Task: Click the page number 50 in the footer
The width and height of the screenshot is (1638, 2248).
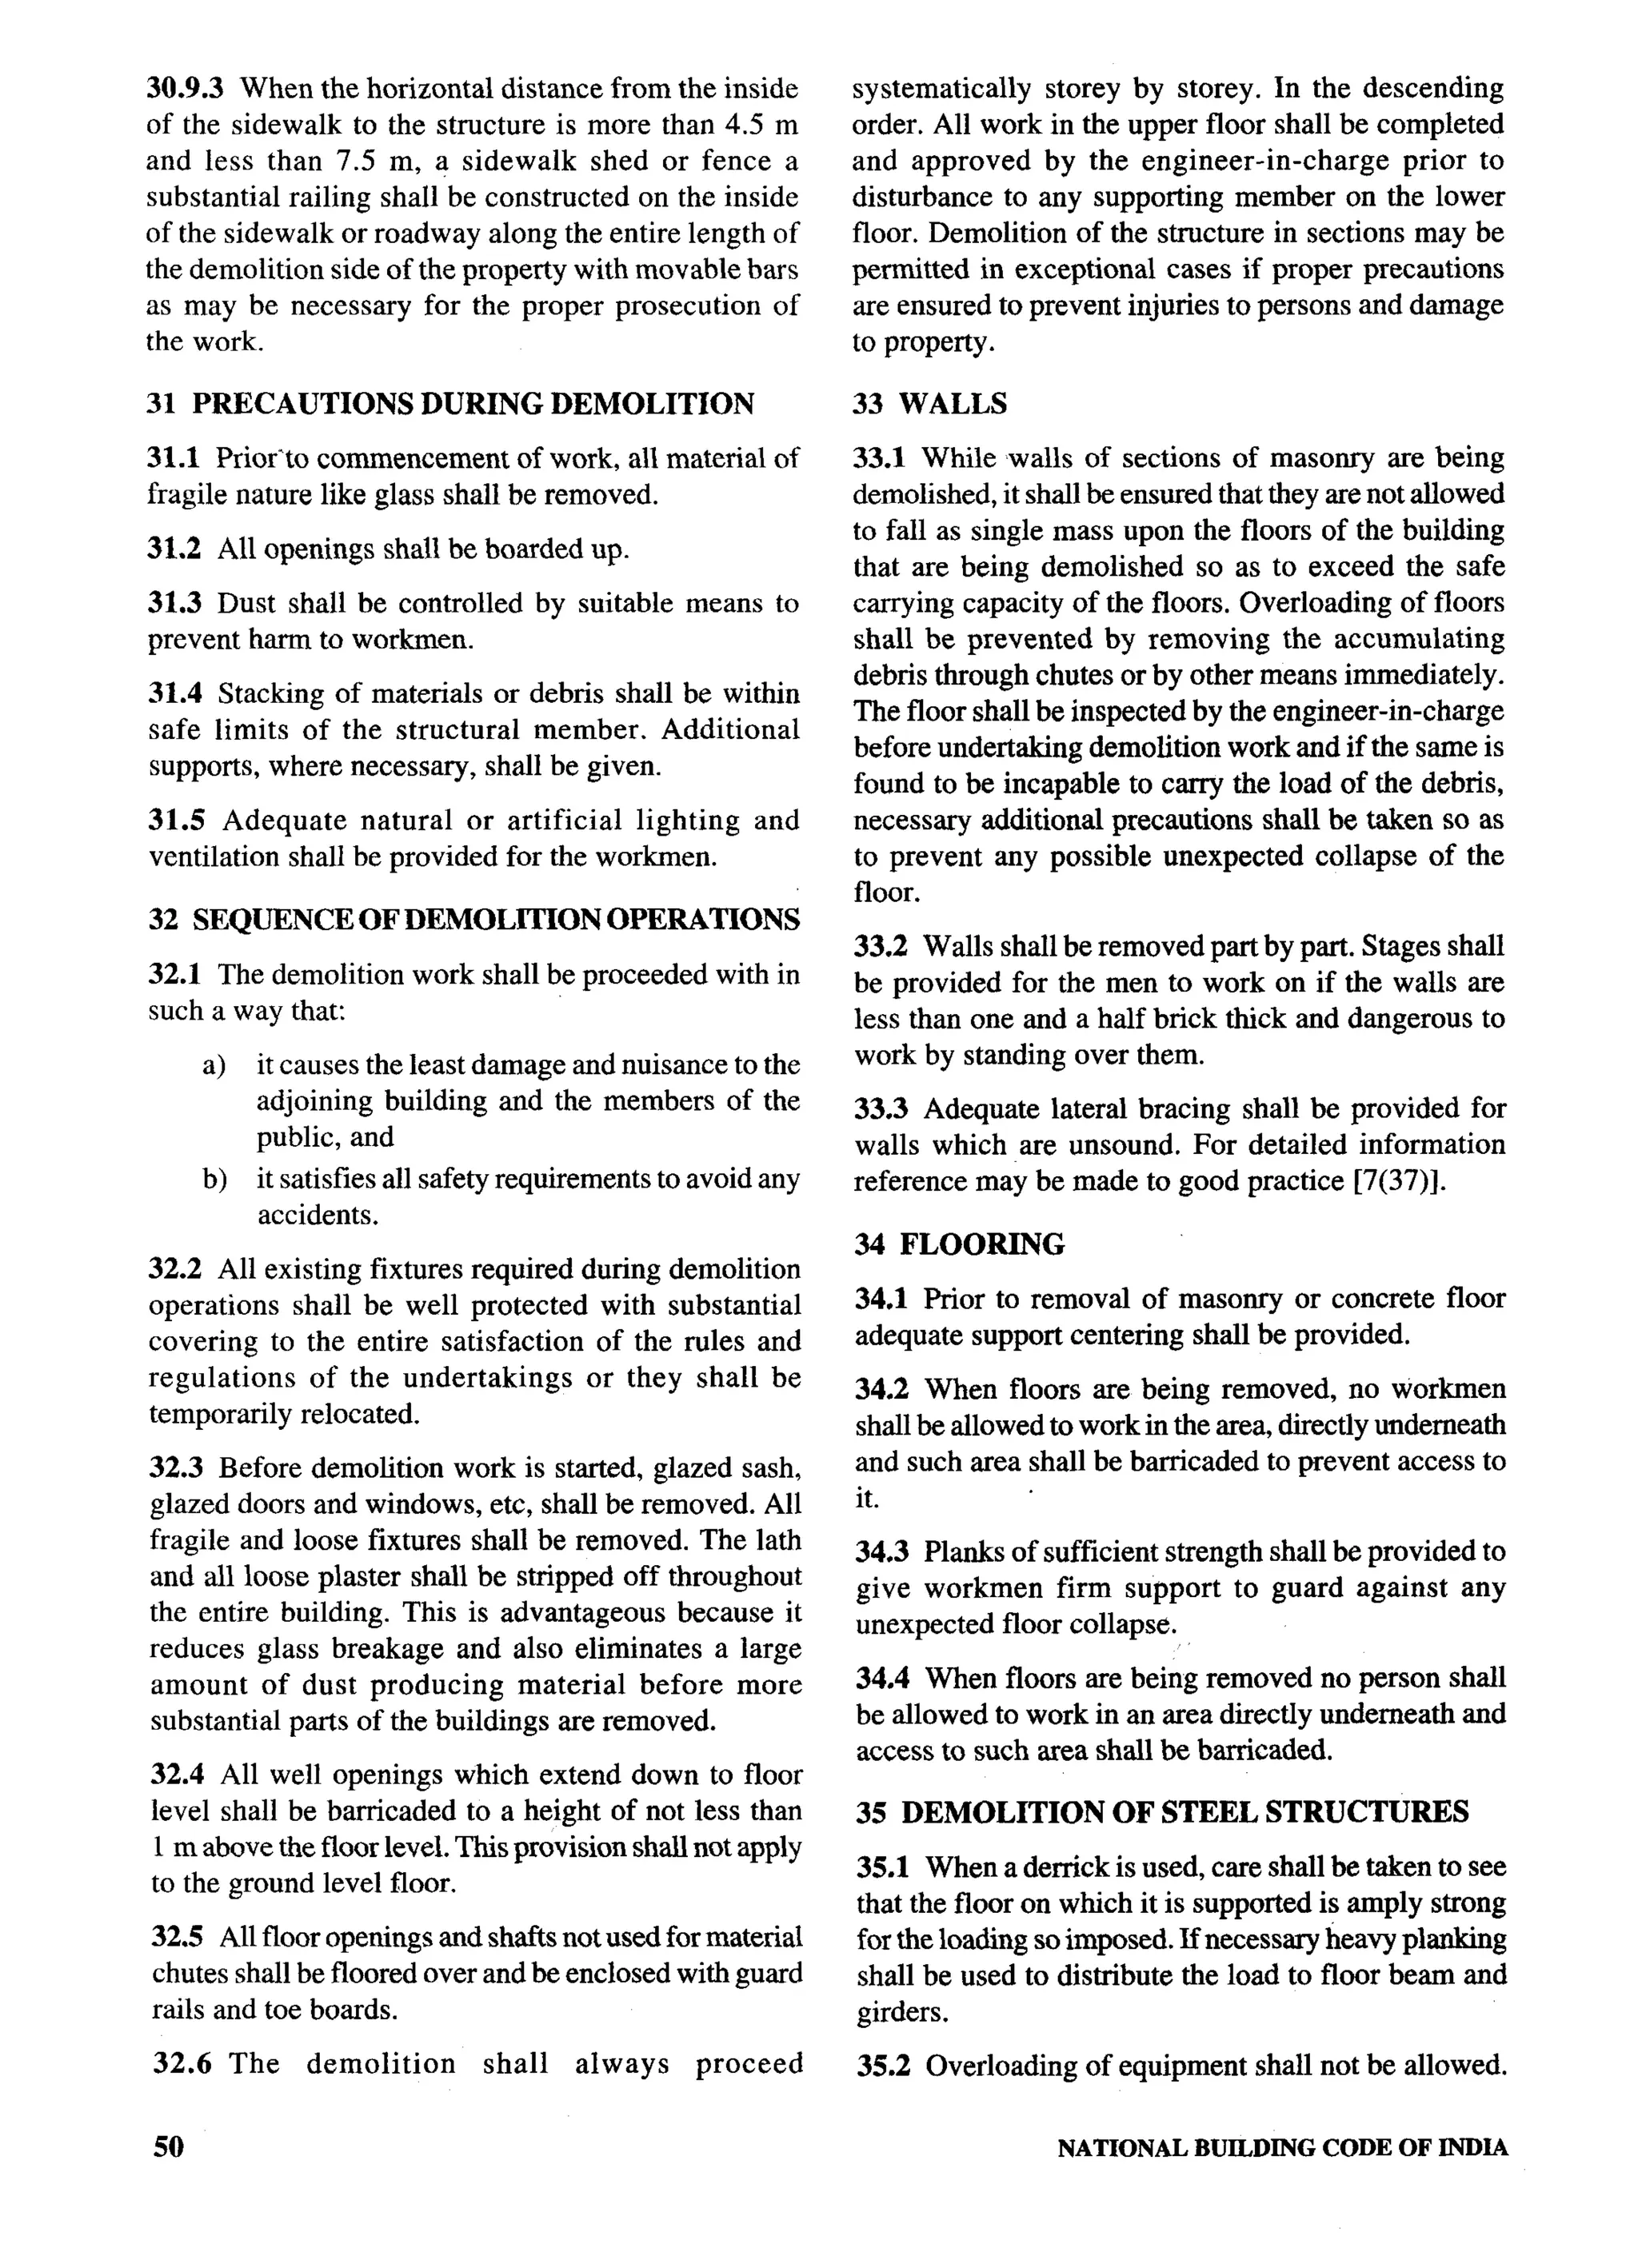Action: click(168, 2146)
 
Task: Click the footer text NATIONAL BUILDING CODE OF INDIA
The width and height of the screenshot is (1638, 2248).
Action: click(1281, 2148)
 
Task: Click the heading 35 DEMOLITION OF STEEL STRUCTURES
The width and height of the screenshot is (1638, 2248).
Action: click(1162, 1812)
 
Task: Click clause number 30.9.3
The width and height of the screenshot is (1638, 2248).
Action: click(186, 90)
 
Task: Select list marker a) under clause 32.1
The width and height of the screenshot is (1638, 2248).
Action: click(214, 1065)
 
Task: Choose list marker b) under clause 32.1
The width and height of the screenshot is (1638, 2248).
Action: click(214, 1180)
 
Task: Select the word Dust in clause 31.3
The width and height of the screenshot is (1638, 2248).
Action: click(244, 603)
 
